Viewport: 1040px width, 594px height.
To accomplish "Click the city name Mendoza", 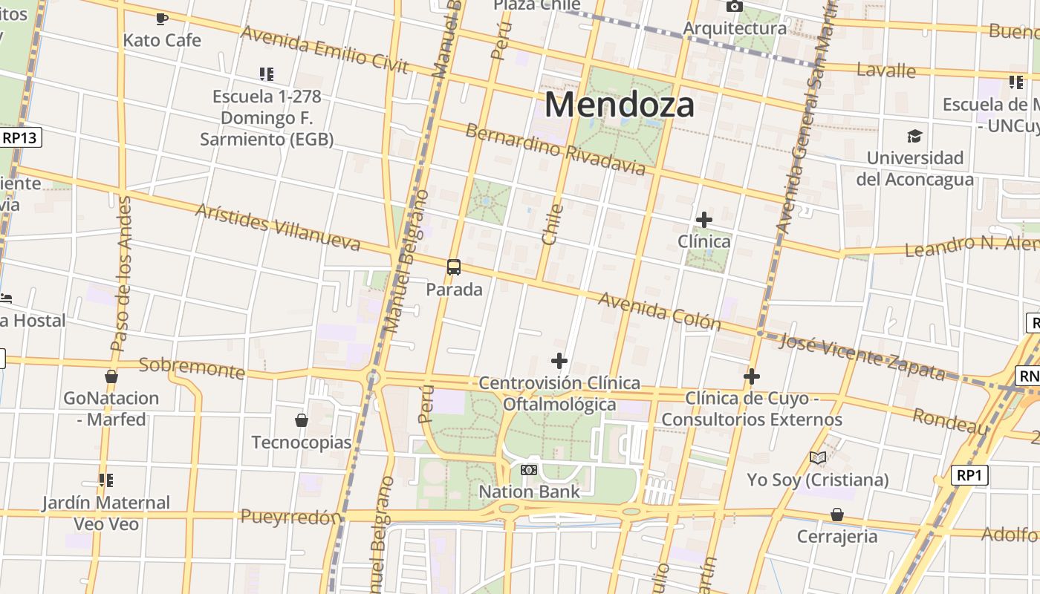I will (x=620, y=105).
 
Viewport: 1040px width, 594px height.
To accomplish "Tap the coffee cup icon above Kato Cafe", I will (x=162, y=19).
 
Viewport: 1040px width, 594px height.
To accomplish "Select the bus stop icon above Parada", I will (x=454, y=267).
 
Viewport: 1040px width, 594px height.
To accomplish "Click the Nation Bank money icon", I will (x=529, y=470).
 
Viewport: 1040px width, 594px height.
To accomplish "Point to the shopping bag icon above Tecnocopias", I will (x=302, y=421).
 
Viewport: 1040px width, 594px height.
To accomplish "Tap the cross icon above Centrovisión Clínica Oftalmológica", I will (x=559, y=362).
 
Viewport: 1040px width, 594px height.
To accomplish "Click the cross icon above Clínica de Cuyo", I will (x=752, y=377).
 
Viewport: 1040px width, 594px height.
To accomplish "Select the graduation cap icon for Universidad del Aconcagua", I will (x=914, y=137).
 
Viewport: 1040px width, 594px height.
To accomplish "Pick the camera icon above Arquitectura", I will (x=734, y=7).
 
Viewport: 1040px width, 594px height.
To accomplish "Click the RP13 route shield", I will (x=20, y=137).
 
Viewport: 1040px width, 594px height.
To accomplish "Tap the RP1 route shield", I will (x=969, y=475).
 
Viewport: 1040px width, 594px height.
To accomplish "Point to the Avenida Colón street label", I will (x=659, y=310).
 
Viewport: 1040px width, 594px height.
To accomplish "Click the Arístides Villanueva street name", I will (x=277, y=226).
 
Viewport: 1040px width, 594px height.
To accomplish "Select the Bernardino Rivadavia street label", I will (x=555, y=149).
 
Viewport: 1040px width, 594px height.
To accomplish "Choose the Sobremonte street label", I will (x=192, y=368).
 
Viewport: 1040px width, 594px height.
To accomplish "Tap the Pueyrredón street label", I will (x=291, y=517).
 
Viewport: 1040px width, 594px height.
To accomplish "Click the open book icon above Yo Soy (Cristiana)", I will (x=818, y=458).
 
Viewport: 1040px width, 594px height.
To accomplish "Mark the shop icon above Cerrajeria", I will (x=837, y=515).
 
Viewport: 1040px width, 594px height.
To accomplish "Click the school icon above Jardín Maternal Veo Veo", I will (x=105, y=480).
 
